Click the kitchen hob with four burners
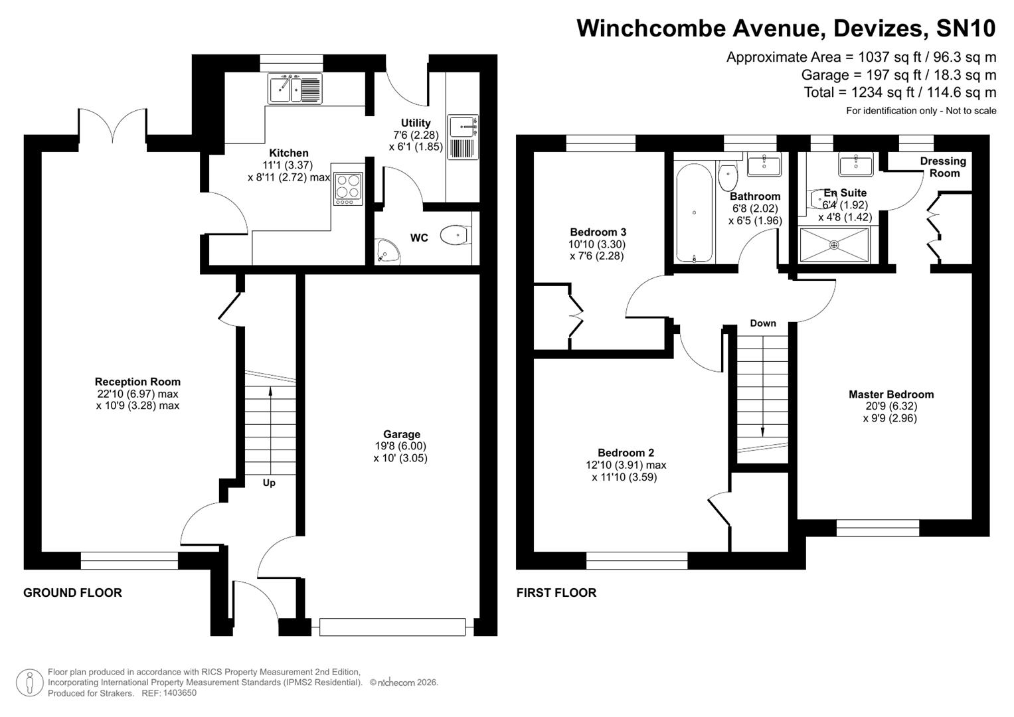pos(349,187)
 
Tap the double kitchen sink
pos(295,88)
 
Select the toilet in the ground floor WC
pos(456,235)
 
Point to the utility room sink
pos(462,125)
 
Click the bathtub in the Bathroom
pos(694,213)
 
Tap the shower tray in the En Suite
pos(834,245)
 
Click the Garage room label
pos(401,434)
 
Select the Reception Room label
pos(137,382)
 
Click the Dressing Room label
pos(943,167)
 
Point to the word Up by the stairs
pos(269,483)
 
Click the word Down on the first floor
pos(763,323)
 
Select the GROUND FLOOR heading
pos(72,593)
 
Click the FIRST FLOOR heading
pos(556,593)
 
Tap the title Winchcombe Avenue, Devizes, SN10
pos(786,29)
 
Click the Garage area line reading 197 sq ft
pos(898,75)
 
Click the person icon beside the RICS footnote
pos(29,682)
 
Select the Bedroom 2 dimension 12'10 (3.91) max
pos(622,465)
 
